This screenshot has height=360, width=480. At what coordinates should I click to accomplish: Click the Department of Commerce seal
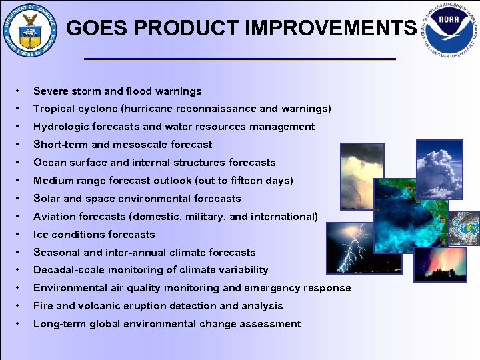point(30,30)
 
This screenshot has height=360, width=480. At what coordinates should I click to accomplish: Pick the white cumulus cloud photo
point(438,169)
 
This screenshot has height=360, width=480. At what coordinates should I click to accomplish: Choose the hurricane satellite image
point(464,229)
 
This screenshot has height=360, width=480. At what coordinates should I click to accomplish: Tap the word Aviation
point(53,217)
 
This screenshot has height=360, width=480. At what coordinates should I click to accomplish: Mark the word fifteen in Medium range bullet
point(252,181)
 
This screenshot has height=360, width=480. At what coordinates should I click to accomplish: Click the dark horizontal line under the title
point(240,59)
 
